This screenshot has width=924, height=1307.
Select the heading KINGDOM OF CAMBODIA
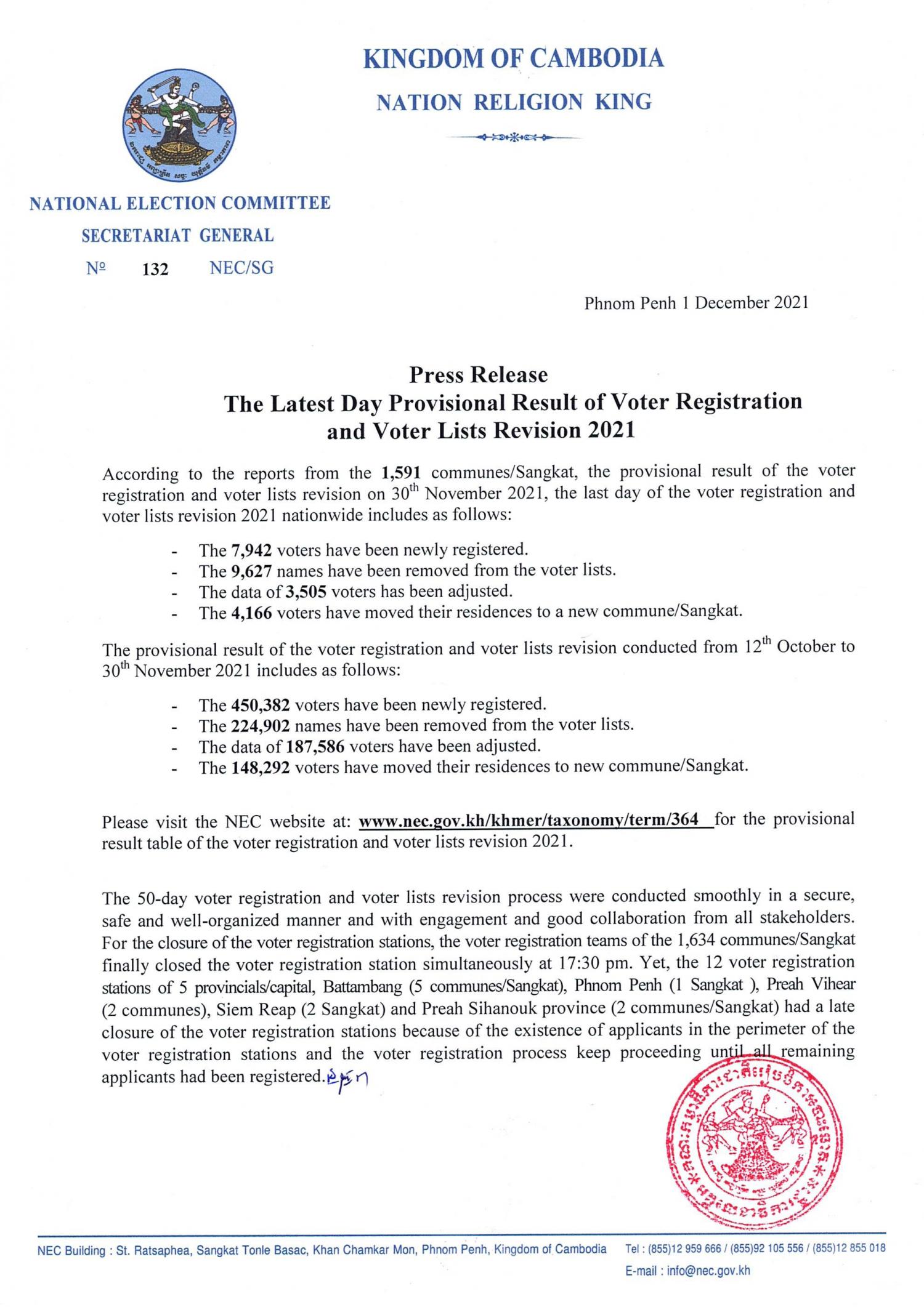click(x=514, y=58)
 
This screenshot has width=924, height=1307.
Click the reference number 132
click(x=155, y=269)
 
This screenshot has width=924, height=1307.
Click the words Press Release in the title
click(x=479, y=374)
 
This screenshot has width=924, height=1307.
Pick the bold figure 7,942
click(x=251, y=550)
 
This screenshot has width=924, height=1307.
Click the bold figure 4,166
click(x=251, y=613)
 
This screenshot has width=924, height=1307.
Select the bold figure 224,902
click(x=260, y=726)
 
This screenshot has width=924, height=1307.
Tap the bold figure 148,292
click(x=260, y=768)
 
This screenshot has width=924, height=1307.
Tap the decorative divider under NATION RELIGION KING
click(x=514, y=137)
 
